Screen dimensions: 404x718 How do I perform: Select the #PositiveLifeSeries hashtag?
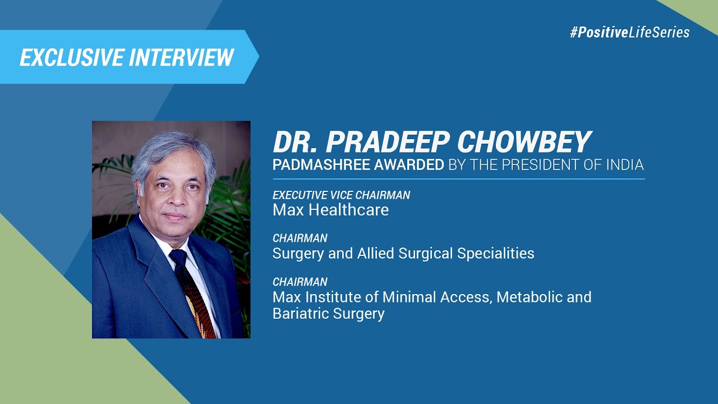click(629, 33)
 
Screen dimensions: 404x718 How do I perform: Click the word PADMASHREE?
click(318, 165)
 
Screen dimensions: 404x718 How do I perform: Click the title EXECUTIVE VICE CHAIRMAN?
click(341, 195)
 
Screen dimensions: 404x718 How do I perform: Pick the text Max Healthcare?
click(330, 210)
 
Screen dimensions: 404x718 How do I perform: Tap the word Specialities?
click(496, 254)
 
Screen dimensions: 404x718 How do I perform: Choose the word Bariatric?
click(298, 313)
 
